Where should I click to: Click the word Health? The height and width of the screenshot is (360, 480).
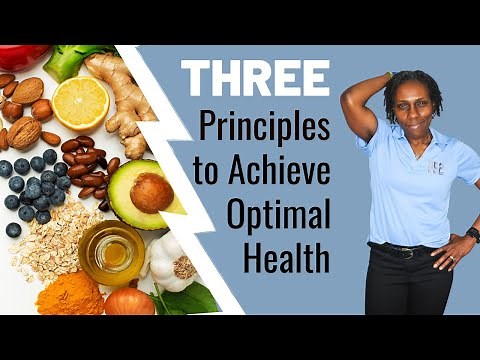(286, 259)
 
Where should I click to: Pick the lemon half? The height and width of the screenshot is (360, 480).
(80, 102)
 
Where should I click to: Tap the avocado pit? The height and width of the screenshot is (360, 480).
(151, 192)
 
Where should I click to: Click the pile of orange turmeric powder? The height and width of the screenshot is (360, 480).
(70, 295)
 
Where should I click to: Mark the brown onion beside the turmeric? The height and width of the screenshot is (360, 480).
(130, 300)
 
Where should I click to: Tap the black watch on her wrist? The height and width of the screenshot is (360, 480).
(472, 234)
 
